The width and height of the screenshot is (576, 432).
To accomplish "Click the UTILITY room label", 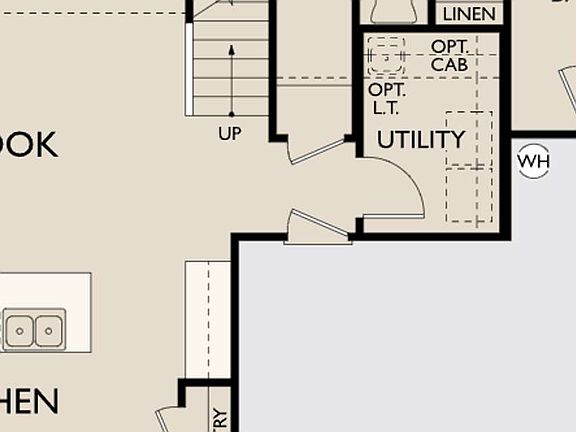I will tap(421, 139).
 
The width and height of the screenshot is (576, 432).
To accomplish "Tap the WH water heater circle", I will tap(534, 160).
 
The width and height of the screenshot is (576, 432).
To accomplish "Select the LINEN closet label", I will tap(468, 14).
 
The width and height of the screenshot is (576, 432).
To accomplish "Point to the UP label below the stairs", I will tap(230, 133).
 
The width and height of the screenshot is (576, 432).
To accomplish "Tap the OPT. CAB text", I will tap(453, 55).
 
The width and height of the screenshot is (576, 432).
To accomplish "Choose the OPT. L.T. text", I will tap(386, 98).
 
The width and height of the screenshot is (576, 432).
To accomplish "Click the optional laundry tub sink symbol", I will tap(385, 56).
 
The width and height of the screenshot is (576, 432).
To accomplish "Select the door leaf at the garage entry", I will tap(319, 225).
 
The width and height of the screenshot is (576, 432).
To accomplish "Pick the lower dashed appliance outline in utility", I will tap(469, 195).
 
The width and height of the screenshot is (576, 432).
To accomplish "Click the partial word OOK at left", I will tap(30, 144).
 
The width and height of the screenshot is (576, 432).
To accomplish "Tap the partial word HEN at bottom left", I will tap(29, 402).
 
